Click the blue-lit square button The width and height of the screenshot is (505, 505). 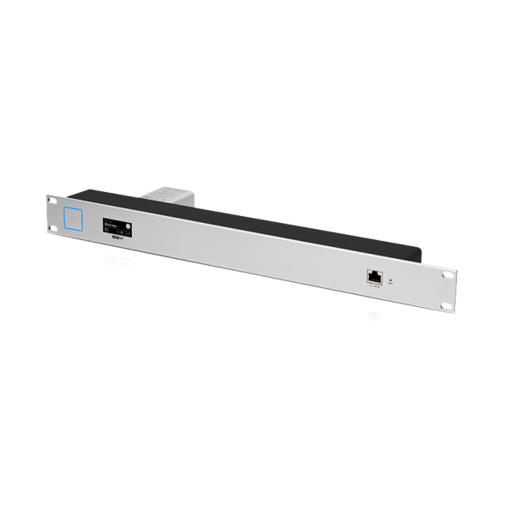click(x=75, y=218)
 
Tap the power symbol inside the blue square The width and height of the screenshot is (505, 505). click(x=75, y=218)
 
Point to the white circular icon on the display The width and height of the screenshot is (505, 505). click(x=129, y=228)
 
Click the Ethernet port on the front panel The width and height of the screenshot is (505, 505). click(x=375, y=276)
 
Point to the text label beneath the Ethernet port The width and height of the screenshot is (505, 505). click(x=375, y=287)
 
